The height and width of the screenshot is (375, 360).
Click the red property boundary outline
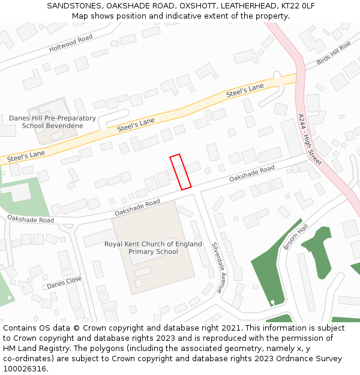[x=180, y=172]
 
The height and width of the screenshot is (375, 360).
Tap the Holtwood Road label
[x=71, y=42]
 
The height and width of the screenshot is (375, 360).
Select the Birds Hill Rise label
[x=334, y=53]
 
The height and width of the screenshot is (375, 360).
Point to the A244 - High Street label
[x=310, y=140]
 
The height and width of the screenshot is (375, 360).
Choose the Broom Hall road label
[x=296, y=238]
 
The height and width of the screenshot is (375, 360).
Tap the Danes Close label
[x=64, y=283]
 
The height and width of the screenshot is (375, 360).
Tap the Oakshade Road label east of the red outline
[x=251, y=174]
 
